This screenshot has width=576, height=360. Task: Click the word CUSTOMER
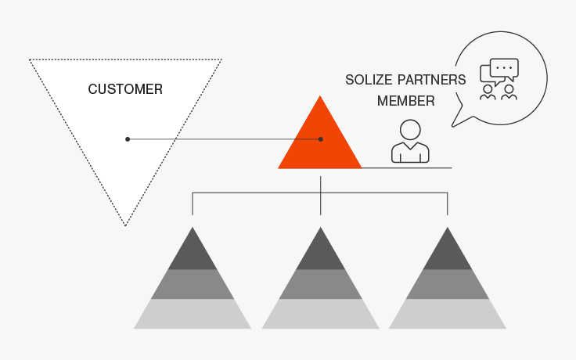125,89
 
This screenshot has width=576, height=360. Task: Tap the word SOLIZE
369,80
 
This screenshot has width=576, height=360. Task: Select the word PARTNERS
432,80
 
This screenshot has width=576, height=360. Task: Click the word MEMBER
406,101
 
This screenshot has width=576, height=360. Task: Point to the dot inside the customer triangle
128,139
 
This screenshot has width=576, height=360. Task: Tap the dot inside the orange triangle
320,139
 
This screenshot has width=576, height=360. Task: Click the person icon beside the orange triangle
410,141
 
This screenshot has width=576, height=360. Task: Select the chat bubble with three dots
504,69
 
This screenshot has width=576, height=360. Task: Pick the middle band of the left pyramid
193,284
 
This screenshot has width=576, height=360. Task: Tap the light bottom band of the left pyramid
193,314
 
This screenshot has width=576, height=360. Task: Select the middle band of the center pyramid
320,284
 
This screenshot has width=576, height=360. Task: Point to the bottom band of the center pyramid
320,314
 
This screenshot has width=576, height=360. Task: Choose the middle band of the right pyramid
448,284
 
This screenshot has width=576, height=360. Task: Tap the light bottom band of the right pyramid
448,314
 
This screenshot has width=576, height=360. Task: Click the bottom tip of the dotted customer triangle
125,225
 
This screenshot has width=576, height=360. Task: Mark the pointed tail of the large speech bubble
452,126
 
